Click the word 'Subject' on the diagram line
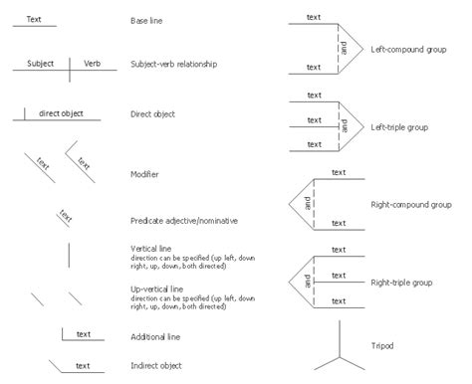pyautogui.click(x=40, y=62)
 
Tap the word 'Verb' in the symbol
pyautogui.click(x=92, y=62)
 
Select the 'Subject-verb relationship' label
pyautogui.click(x=173, y=64)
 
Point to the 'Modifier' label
pyautogui.click(x=144, y=174)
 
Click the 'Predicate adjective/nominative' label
pyautogui.click(x=184, y=220)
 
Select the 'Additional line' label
pyautogui.click(x=154, y=337)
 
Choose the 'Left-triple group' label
pyautogui.click(x=398, y=126)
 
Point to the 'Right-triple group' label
pyautogui.click(x=406, y=282)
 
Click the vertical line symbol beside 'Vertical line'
pyautogui.click(x=69, y=255)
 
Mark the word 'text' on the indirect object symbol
pyautogui.click(x=84, y=364)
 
